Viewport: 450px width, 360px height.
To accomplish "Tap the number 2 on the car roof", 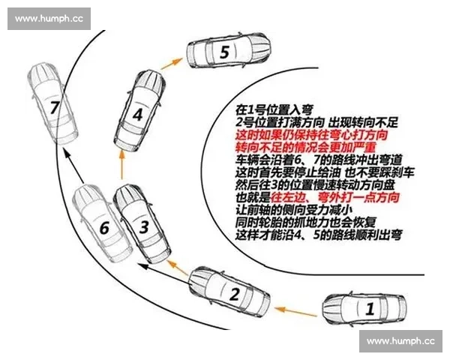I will point(234,294).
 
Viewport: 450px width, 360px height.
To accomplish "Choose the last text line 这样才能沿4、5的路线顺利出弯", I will point(308,234).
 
